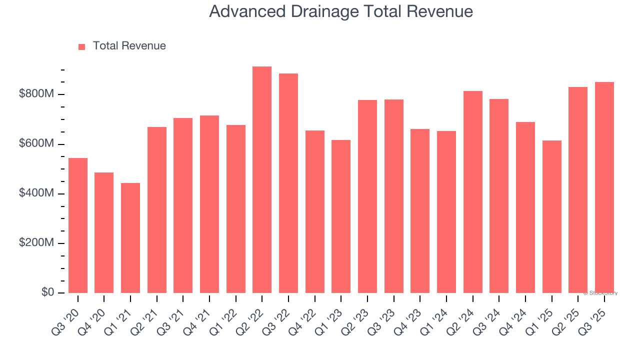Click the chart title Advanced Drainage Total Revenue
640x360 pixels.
coord(341,11)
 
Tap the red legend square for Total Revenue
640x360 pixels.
coord(82,46)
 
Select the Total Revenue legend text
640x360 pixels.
coord(129,46)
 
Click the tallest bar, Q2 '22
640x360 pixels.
coord(262,180)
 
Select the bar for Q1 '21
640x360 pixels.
coord(130,238)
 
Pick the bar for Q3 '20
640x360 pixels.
coord(78,225)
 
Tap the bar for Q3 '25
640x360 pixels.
coord(604,187)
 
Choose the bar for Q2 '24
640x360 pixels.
coord(472,192)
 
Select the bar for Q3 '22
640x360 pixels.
coord(288,183)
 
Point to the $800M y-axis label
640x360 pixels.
coord(37,94)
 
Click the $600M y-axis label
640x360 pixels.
coord(37,144)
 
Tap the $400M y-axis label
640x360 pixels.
coord(37,193)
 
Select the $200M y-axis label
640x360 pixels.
coord(37,243)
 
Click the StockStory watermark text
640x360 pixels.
coord(600,293)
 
